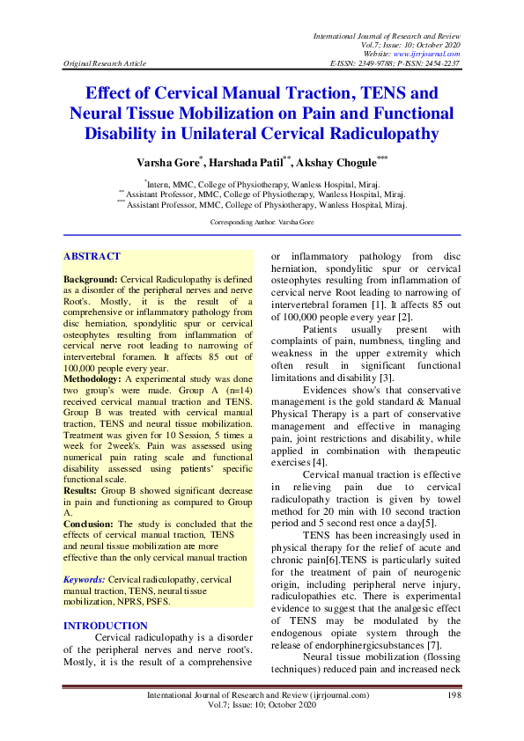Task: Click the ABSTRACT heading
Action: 92,256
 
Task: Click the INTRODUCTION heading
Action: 106,626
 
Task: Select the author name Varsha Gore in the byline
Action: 168,164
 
